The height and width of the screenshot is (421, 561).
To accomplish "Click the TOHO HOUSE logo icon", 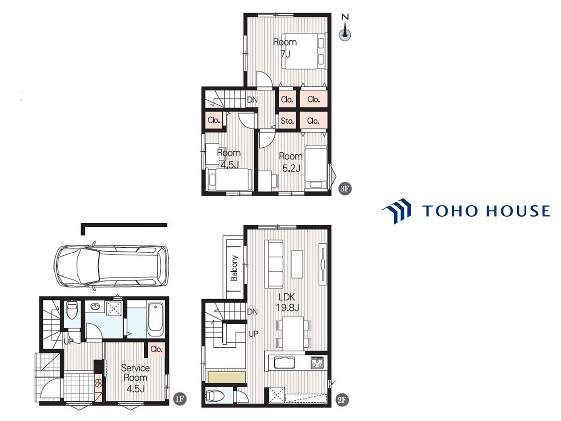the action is [397, 211].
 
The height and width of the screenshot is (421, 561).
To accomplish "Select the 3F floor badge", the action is [345, 189].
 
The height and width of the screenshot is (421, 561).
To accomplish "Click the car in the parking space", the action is [111, 266].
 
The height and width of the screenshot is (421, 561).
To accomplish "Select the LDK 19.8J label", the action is [287, 303].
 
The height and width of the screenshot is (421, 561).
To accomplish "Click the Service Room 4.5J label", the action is [135, 378].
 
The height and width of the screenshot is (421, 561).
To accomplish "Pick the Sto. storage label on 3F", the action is [287, 121].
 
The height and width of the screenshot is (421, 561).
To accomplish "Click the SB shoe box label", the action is [99, 382].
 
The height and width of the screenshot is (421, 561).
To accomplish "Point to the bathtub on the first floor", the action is [156, 320].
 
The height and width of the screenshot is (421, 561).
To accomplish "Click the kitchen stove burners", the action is [317, 363].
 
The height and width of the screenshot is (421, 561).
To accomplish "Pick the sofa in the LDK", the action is [274, 264].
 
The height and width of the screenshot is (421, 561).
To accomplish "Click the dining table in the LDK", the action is [293, 334].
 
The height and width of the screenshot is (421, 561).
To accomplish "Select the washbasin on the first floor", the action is [95, 307].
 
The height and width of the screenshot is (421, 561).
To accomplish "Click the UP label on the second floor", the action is [253, 334].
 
